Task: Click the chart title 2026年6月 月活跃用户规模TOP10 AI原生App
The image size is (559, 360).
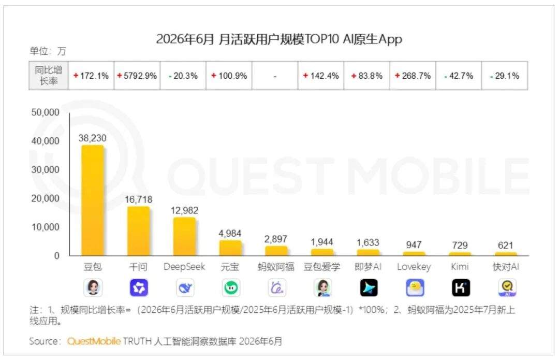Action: click(279, 39)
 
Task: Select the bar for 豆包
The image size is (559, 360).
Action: click(93, 200)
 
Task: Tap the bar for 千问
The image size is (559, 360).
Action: click(138, 231)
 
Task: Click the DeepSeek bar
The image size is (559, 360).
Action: click(184, 237)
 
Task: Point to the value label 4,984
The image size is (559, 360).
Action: click(230, 233)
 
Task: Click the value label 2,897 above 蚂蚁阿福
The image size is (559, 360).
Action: click(275, 239)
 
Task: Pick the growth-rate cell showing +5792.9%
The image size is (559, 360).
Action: click(137, 76)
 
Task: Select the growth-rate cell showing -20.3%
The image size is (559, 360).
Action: click(183, 76)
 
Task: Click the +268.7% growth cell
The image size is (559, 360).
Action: click(413, 76)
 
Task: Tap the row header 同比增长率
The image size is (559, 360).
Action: click(49, 76)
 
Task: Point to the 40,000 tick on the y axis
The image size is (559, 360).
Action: click(45, 141)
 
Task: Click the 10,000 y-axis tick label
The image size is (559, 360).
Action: click(45, 227)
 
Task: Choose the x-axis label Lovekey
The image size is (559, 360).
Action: click(414, 267)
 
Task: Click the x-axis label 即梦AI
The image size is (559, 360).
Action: click(368, 267)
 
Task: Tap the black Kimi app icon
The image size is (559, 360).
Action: click(461, 287)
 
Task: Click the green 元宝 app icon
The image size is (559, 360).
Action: click(231, 287)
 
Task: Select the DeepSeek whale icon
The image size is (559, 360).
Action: click(185, 287)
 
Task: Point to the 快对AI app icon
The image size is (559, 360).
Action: click(507, 287)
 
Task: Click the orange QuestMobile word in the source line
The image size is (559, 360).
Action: click(94, 341)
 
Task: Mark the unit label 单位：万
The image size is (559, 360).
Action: click(48, 51)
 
